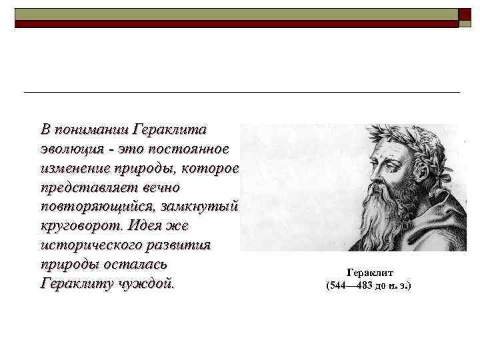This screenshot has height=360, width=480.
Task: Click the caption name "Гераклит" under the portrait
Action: pyautogui.click(x=370, y=273)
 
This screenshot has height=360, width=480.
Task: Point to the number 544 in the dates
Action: pyautogui.click(x=338, y=286)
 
